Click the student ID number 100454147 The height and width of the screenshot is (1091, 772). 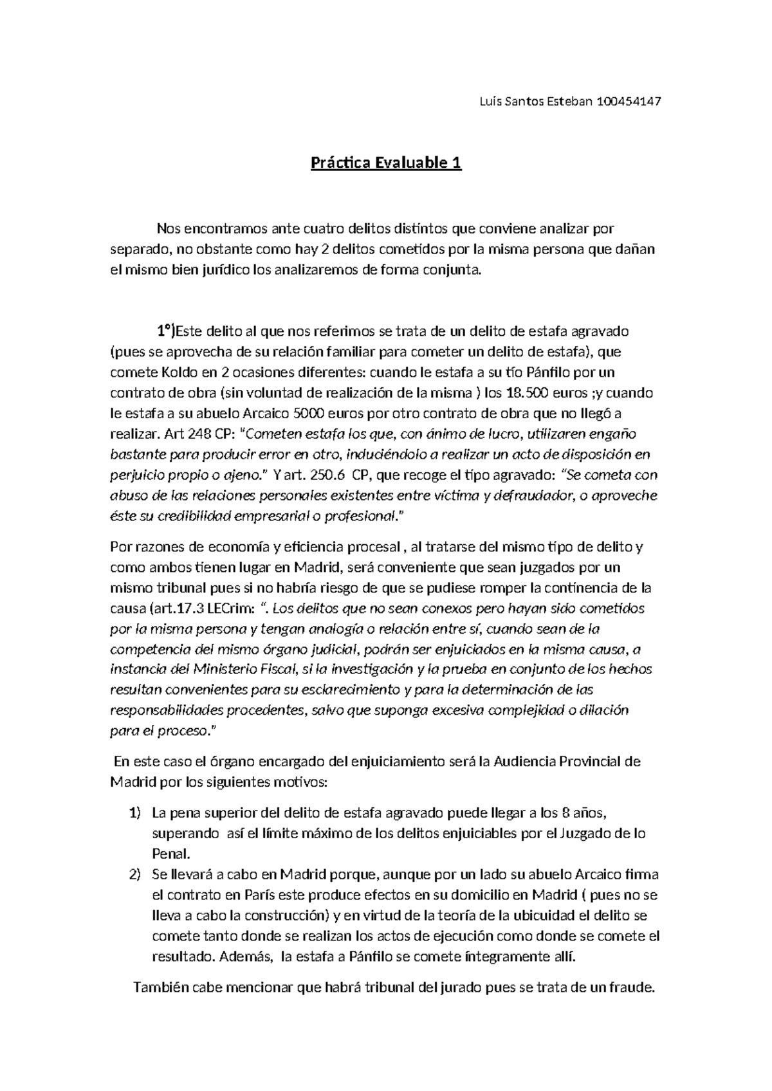click(x=629, y=102)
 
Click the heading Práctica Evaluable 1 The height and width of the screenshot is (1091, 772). click(x=386, y=163)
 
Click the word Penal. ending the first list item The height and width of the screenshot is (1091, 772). click(x=170, y=854)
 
